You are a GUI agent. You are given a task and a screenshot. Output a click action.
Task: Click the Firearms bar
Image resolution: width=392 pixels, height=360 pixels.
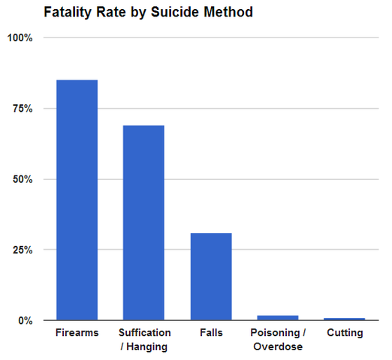pos(77,199)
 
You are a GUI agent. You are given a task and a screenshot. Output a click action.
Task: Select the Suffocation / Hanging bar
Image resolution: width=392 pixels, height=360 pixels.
pos(143,223)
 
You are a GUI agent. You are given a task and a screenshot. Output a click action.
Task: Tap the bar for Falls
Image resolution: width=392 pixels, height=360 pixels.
pos(211,276)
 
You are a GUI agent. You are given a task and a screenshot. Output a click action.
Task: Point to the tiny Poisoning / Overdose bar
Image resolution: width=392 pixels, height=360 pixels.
pos(278,317)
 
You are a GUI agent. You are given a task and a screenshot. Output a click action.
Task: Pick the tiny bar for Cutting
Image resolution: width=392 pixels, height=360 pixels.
pos(345,319)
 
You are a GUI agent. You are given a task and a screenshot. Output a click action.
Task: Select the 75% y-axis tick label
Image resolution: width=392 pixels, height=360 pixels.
pos(23,109)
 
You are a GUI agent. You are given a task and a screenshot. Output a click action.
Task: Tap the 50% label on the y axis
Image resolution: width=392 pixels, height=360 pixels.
pos(23,179)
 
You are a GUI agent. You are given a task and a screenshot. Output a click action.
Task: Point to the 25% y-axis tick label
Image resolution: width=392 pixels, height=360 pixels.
pos(23,250)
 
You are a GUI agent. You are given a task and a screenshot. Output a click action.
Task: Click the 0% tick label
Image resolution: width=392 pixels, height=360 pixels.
pos(26,320)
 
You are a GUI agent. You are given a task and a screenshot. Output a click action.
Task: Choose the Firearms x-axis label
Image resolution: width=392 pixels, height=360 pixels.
pos(77,333)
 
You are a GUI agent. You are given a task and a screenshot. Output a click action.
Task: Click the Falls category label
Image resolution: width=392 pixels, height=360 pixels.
pos(211,333)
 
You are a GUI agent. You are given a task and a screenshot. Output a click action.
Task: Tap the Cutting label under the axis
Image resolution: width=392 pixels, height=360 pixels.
pos(345,333)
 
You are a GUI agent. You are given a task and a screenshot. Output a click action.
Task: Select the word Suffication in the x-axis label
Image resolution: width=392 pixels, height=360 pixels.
pos(144,333)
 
